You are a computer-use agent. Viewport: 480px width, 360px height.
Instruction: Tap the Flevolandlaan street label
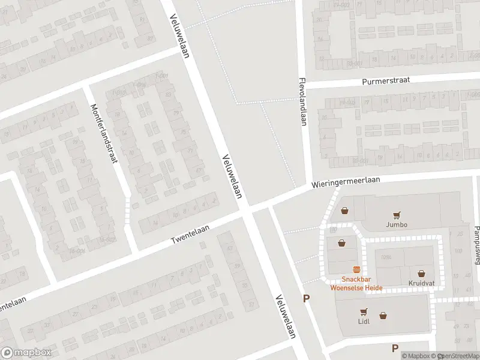[x=304, y=101]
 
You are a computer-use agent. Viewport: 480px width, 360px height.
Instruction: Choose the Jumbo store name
[x=397, y=225]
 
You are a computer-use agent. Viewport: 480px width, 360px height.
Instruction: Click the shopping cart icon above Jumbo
[x=397, y=215]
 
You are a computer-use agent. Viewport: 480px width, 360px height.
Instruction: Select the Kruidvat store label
[x=421, y=283]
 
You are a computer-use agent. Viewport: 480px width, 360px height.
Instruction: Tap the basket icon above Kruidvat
[x=421, y=273]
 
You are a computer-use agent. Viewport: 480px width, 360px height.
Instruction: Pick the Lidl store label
[x=364, y=321]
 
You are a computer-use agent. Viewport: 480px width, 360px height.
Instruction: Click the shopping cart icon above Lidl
[x=364, y=311]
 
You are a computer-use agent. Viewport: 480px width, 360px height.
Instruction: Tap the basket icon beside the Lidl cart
[x=383, y=315]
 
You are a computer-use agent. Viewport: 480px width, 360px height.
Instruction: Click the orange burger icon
[x=356, y=269]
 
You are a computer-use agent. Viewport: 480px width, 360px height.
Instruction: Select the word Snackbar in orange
[x=356, y=279]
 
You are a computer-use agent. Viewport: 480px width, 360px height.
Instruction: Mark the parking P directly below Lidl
[x=395, y=348]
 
